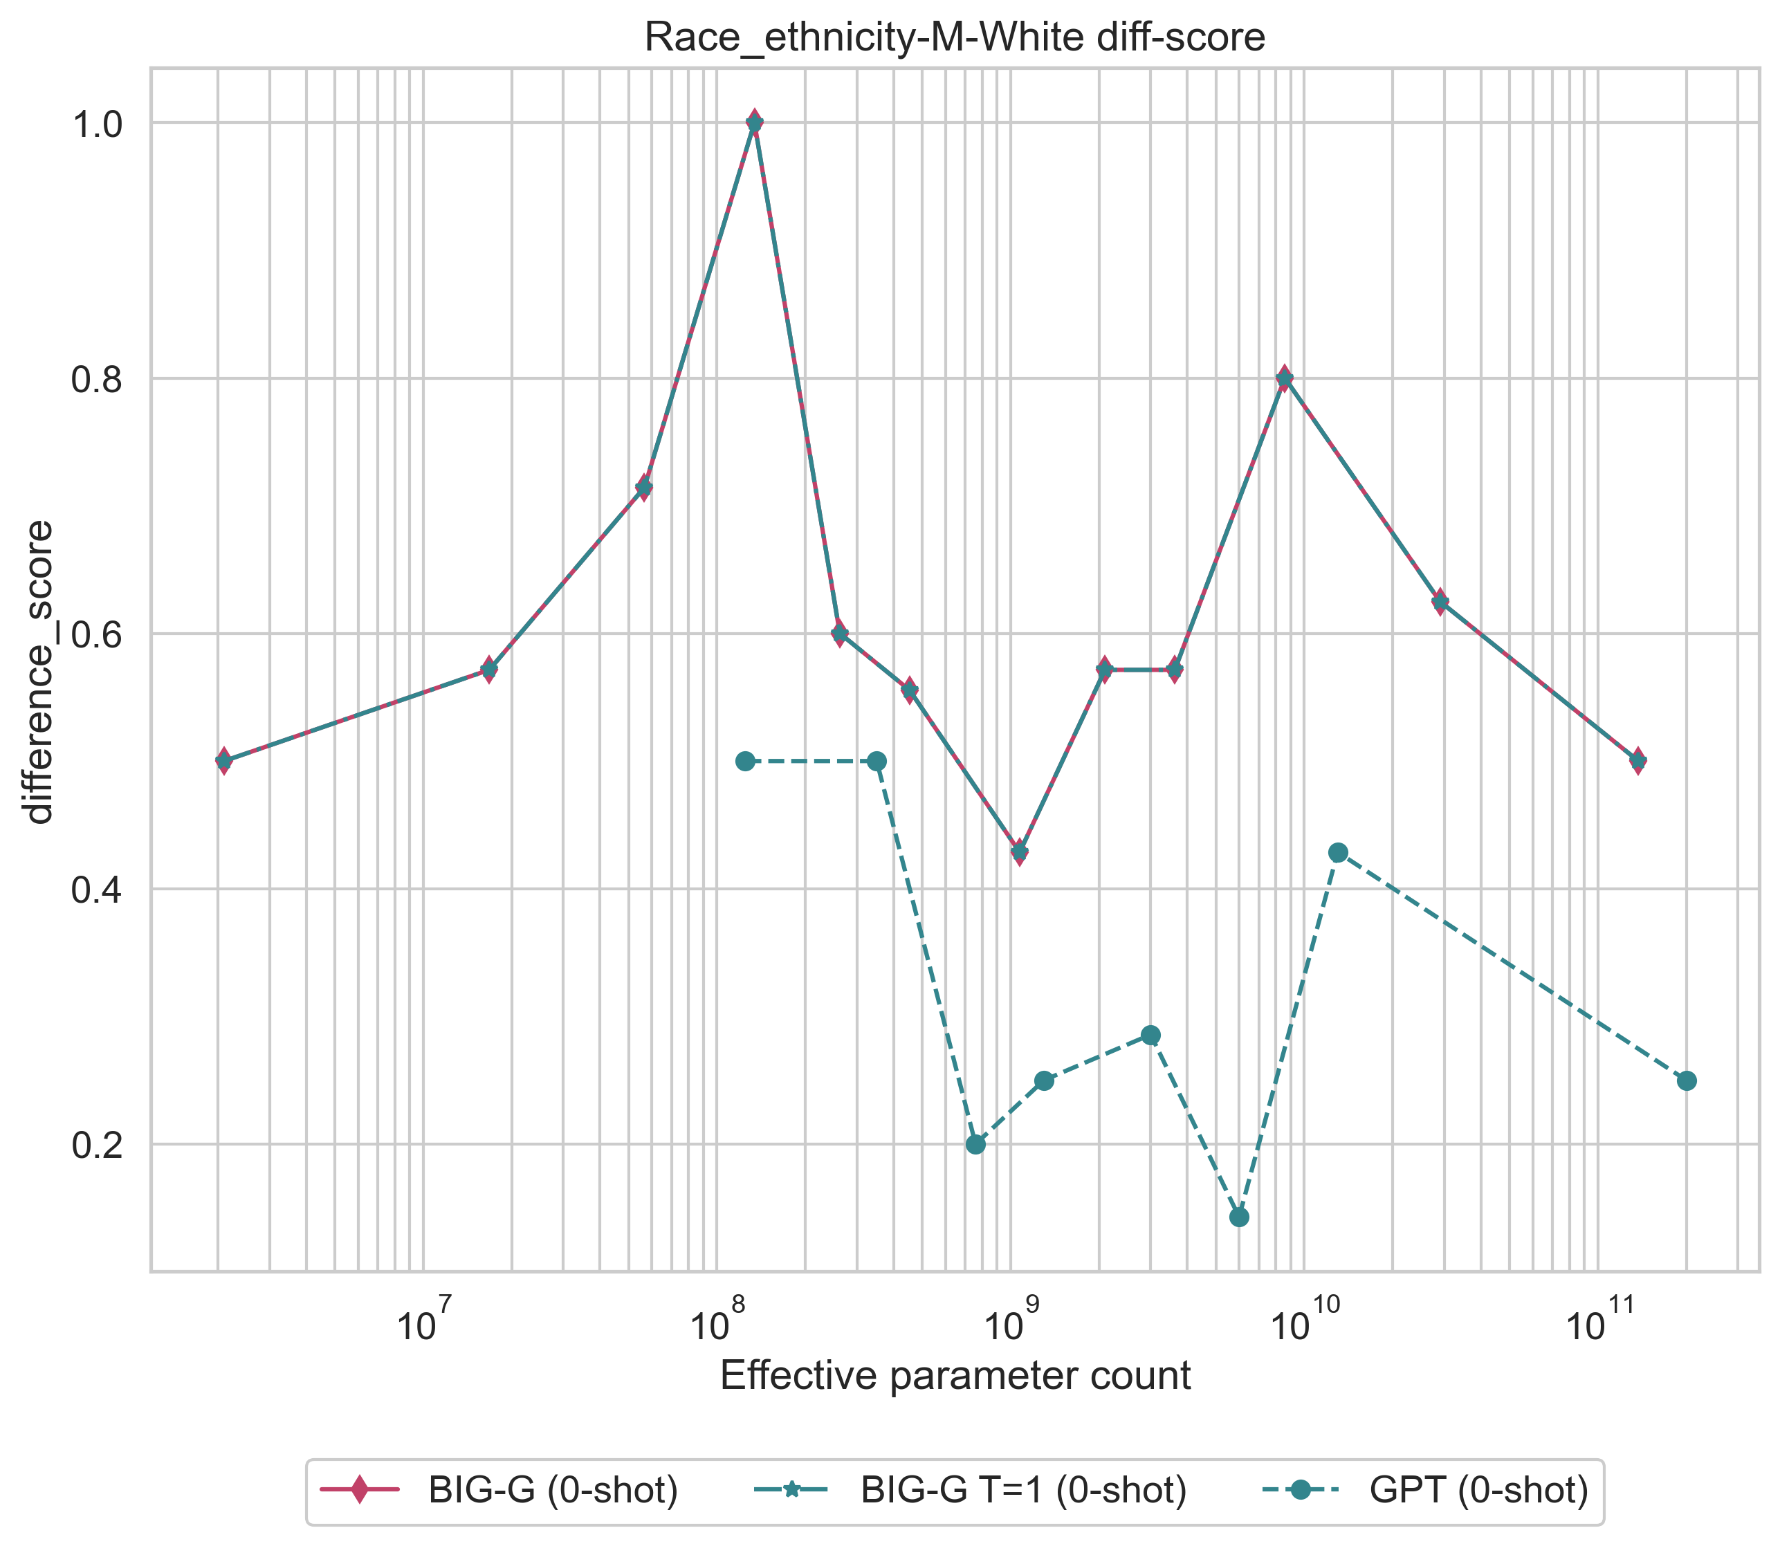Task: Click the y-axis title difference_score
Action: (x=39, y=672)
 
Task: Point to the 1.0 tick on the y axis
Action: (x=98, y=123)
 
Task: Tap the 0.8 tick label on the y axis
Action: (x=98, y=379)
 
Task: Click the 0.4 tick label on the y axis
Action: (x=98, y=890)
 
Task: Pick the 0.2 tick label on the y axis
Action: (x=98, y=1145)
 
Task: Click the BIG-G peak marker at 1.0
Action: (x=755, y=122)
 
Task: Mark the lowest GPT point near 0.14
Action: (x=1239, y=1217)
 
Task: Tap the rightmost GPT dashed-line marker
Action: (x=1687, y=1081)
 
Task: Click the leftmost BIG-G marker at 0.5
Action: (x=223, y=761)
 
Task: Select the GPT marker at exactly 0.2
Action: (x=976, y=1145)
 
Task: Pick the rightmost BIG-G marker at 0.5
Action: (x=1638, y=761)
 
